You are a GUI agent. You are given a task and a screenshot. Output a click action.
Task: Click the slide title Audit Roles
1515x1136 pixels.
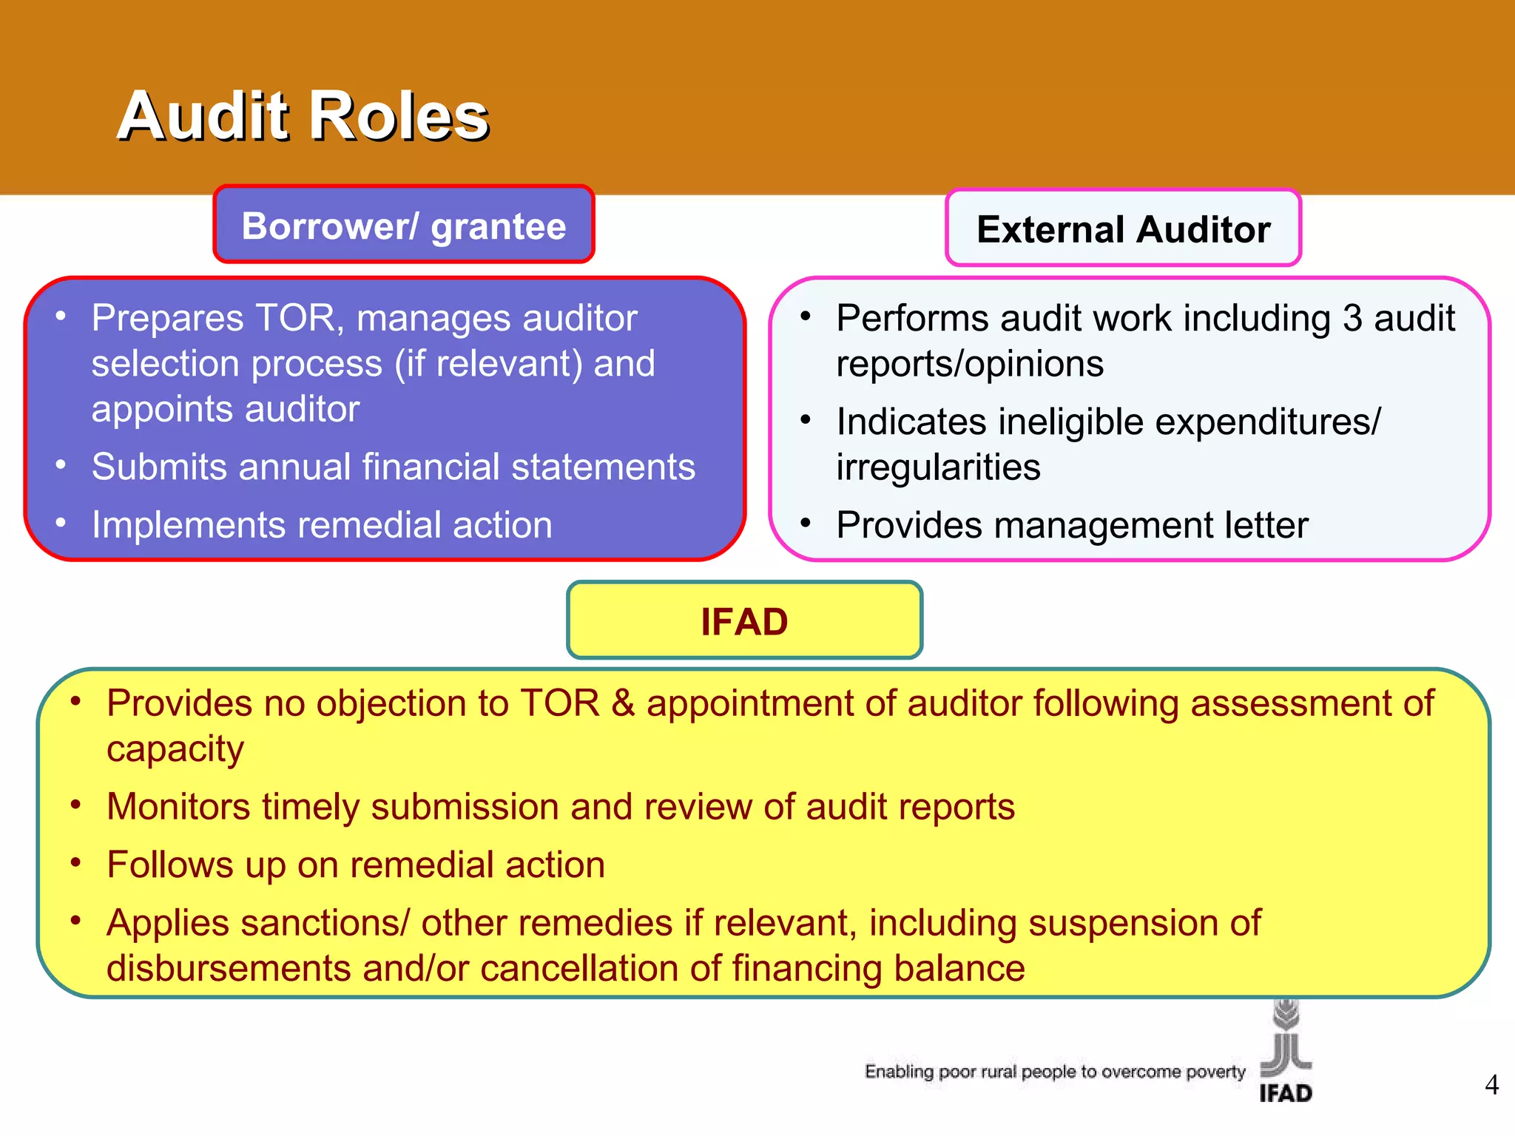tap(303, 115)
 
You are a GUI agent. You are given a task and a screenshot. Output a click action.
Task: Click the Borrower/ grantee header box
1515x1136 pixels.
tap(404, 226)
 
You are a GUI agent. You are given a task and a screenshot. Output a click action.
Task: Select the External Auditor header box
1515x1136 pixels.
tap(1123, 229)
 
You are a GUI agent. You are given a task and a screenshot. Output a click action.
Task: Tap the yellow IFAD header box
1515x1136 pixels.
tap(744, 621)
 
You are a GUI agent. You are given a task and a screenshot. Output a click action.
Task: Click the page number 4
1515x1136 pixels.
tap(1491, 1085)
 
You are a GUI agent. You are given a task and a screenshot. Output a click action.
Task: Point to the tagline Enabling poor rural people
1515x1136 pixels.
tap(1055, 1072)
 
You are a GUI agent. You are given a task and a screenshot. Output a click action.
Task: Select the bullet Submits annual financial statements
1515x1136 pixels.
tap(393, 467)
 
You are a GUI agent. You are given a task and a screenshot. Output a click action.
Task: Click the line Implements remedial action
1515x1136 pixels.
tap(322, 526)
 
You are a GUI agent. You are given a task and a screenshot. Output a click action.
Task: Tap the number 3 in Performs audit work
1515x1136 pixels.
tap(1352, 319)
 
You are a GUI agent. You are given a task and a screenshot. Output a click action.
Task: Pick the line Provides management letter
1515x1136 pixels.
tap(1072, 526)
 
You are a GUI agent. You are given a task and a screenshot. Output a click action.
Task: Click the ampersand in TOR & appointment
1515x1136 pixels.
tap(623, 703)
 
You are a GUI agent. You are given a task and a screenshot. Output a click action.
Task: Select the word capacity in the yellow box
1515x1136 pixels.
tap(175, 750)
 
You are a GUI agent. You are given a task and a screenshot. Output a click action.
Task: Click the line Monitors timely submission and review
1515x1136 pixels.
tap(560, 807)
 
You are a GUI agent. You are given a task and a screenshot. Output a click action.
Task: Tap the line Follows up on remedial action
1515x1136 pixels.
tap(356, 865)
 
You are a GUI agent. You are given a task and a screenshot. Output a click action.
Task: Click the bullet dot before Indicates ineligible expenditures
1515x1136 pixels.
tap(806, 421)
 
